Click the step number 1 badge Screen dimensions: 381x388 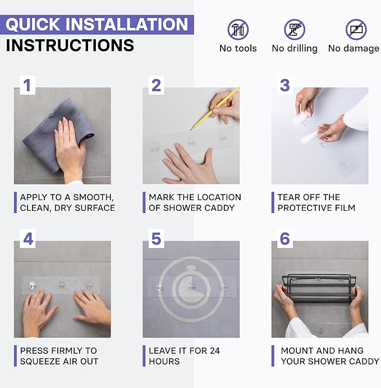tap(27, 85)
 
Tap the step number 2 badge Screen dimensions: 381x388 tap(156, 85)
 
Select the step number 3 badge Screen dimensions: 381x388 tap(285, 85)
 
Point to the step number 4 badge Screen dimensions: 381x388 tap(27, 239)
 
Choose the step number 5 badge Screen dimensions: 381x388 tap(156, 239)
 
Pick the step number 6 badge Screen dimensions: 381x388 tap(285, 239)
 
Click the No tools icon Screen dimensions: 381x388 tap(238, 30)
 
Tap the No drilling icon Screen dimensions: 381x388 tap(295, 30)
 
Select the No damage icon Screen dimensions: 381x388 tap(356, 30)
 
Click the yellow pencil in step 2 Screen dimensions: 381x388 tap(215, 109)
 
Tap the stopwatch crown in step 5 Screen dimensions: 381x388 tap(191, 268)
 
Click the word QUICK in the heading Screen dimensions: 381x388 tap(33, 25)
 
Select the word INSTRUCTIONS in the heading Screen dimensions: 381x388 tap(70, 45)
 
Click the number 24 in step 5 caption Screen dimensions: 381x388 tap(215, 350)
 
